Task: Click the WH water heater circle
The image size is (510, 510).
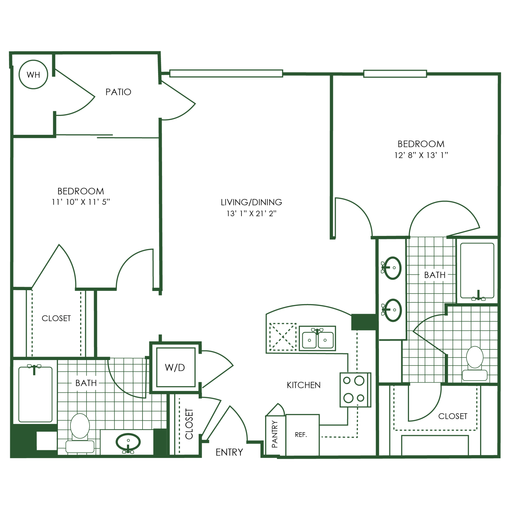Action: pyautogui.click(x=33, y=75)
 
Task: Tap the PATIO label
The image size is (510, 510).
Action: pyautogui.click(x=118, y=92)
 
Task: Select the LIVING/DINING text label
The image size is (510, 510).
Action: pyautogui.click(x=251, y=202)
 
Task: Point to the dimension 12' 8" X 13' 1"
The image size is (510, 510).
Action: pyautogui.click(x=421, y=155)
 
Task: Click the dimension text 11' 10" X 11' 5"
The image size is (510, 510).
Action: pyautogui.click(x=81, y=202)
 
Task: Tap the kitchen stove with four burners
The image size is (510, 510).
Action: pyautogui.click(x=355, y=390)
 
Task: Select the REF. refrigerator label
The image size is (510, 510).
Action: pyautogui.click(x=301, y=435)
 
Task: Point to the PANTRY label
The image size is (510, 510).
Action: pyautogui.click(x=275, y=434)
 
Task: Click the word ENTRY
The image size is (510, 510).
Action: pyautogui.click(x=229, y=452)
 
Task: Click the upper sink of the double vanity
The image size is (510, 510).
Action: pyautogui.click(x=392, y=268)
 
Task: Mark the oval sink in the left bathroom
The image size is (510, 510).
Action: pyautogui.click(x=128, y=442)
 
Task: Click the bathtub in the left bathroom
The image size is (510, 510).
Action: pyautogui.click(x=35, y=395)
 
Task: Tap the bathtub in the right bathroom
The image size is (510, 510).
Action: pyautogui.click(x=477, y=271)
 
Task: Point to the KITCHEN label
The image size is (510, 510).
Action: pyautogui.click(x=303, y=385)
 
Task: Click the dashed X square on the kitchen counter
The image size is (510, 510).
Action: pyautogui.click(x=283, y=337)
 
